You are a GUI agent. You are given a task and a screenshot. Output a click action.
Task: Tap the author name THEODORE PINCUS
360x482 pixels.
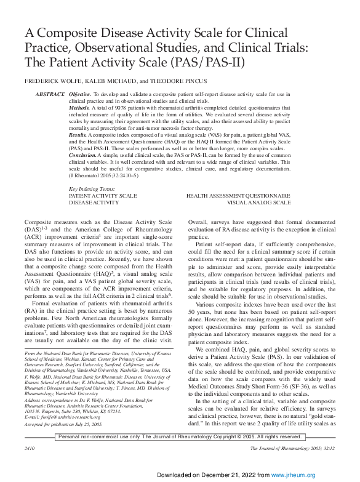180,81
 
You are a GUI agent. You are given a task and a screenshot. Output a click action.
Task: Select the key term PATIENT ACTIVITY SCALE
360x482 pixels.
103,195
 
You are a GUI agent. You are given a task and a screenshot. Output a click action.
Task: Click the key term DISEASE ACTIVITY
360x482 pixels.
94,202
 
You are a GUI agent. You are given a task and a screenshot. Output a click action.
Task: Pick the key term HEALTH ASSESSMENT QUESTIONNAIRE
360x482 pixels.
238,195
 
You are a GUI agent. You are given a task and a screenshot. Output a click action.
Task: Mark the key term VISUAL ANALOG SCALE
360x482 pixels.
258,202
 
